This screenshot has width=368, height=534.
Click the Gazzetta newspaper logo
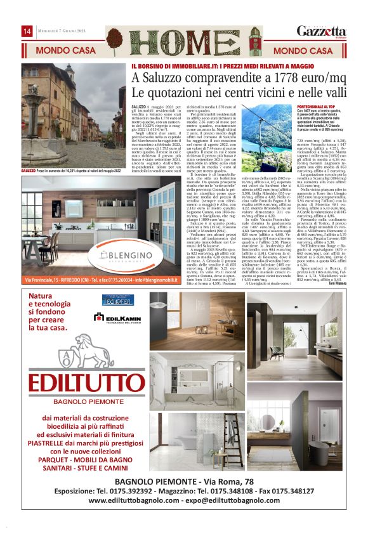click(x=322, y=32)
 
